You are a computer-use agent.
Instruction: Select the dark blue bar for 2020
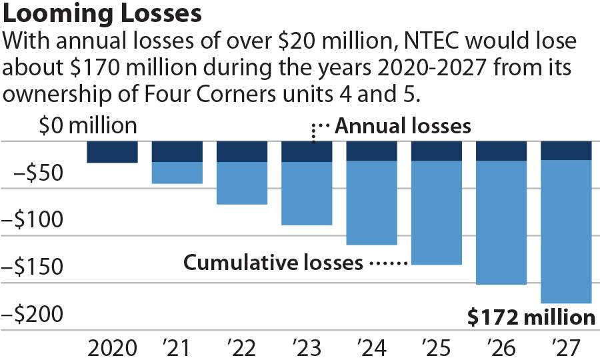click(112, 152)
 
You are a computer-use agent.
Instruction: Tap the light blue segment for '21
click(177, 173)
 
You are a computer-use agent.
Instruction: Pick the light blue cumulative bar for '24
click(372, 203)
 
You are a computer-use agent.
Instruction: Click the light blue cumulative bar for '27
click(566, 231)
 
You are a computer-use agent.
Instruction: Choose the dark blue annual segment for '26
click(501, 151)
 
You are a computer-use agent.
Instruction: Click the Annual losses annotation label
click(402, 126)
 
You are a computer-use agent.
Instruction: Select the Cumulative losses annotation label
click(273, 263)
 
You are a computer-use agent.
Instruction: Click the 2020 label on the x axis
click(112, 347)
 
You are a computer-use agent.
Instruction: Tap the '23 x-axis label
click(307, 347)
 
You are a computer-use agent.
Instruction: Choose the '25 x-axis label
click(436, 347)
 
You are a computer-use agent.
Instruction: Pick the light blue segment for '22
click(242, 183)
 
